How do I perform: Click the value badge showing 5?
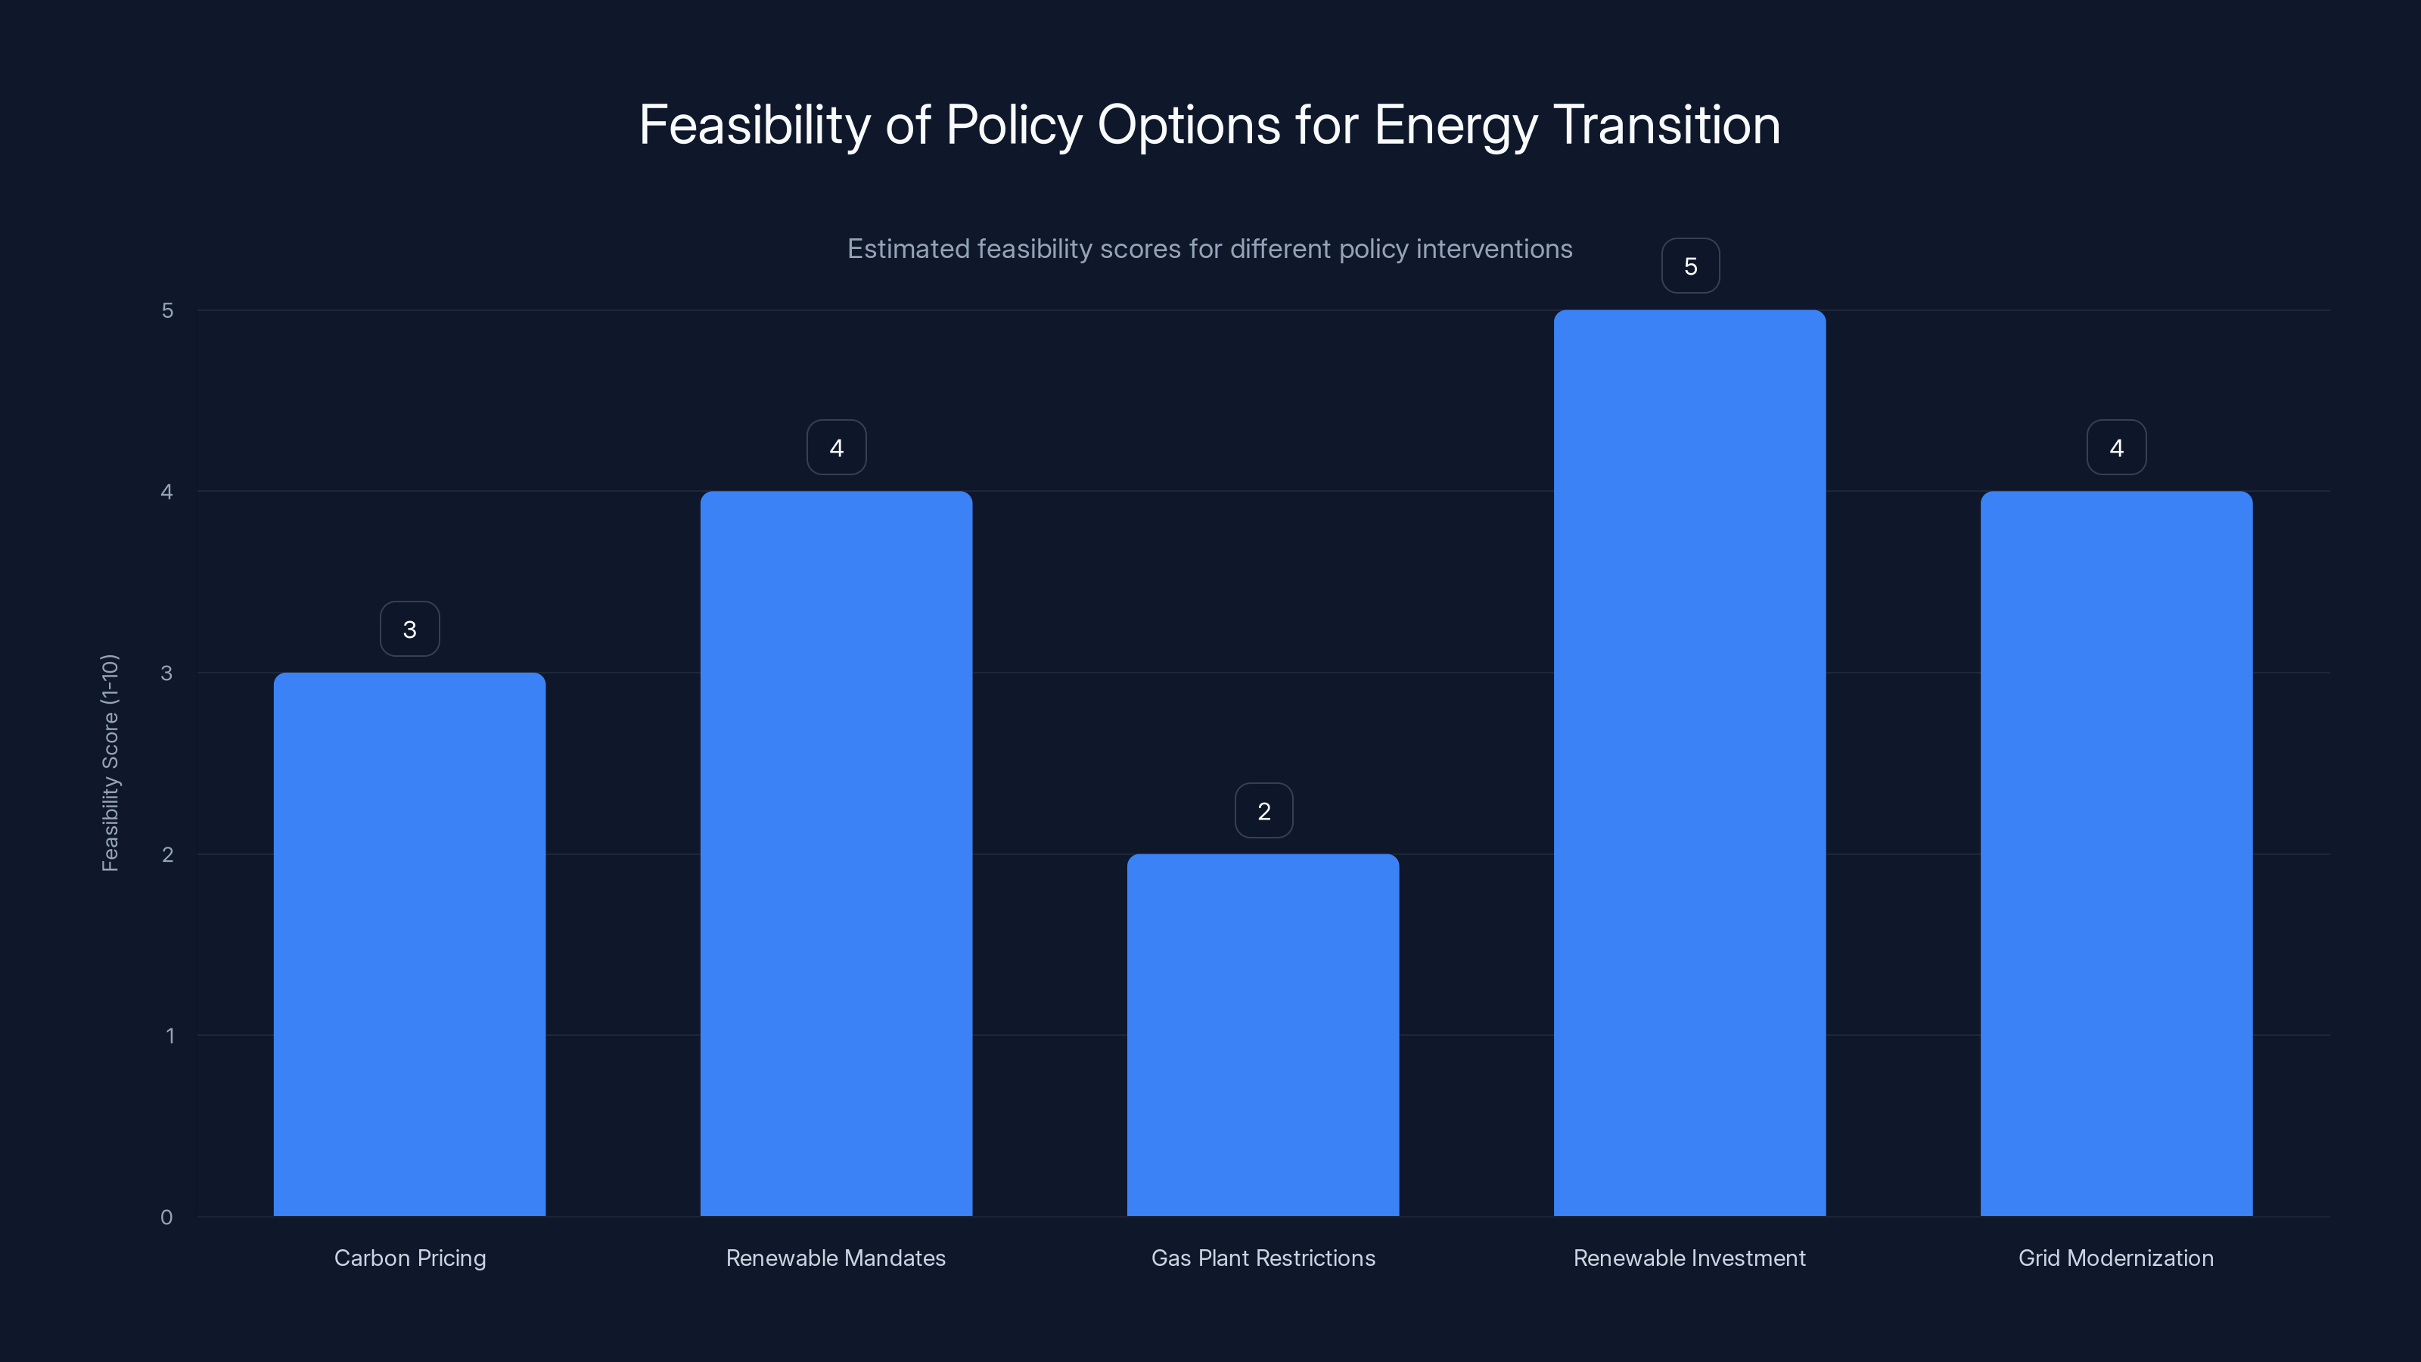click(x=1690, y=266)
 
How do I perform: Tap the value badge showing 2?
click(x=1263, y=810)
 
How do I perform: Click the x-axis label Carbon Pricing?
click(x=410, y=1258)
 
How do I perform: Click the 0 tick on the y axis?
click(x=166, y=1217)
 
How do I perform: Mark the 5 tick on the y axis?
click(x=167, y=310)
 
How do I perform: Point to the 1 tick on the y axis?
click(x=169, y=1036)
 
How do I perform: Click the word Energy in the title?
click(x=1455, y=126)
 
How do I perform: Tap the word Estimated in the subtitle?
click(x=908, y=249)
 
